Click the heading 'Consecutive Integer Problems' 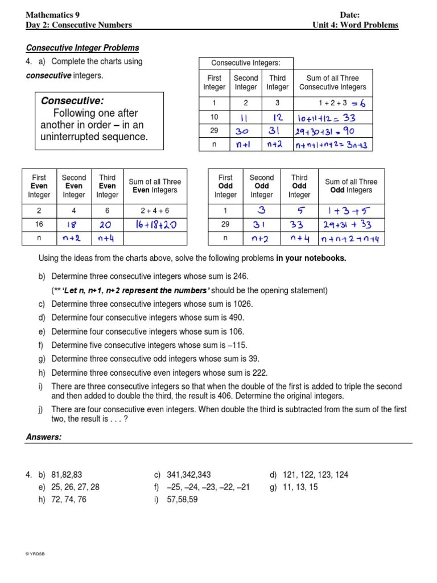click(x=83, y=48)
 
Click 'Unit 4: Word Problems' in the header click(x=356, y=25)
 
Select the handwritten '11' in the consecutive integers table click(x=245, y=118)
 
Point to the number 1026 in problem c click(x=241, y=304)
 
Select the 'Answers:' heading click(x=44, y=437)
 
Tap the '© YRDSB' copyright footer click(x=35, y=555)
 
